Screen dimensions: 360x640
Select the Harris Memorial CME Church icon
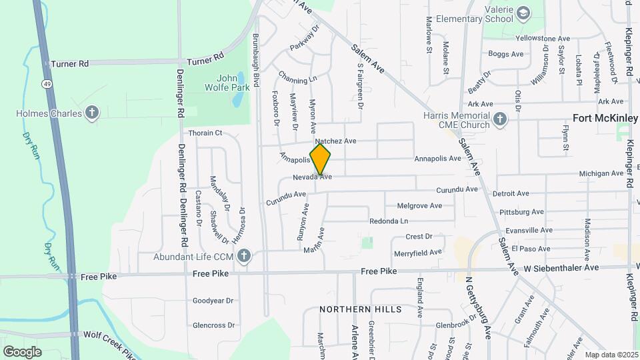pos(501,120)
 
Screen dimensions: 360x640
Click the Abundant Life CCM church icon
pos(245,255)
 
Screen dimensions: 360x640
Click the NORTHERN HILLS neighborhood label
pos(360,309)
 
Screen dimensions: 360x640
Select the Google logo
pos(23,351)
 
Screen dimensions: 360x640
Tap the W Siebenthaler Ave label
pos(561,267)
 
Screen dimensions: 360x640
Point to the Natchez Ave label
pos(336,141)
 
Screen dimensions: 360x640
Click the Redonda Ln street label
pos(388,221)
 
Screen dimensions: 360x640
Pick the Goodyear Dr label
pos(213,301)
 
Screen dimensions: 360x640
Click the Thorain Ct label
pos(205,133)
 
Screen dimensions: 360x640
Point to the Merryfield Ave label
pos(417,253)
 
